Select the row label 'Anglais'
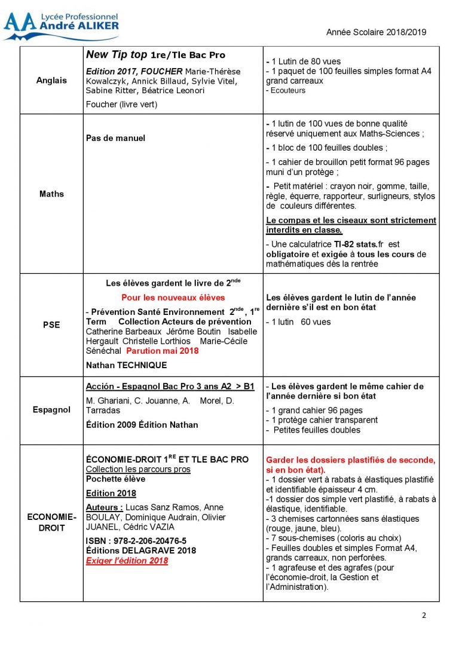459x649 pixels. (x=52, y=81)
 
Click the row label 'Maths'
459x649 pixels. (x=52, y=194)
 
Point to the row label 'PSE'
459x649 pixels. (x=52, y=325)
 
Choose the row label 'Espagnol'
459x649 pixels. (x=52, y=410)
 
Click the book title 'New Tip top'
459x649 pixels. (x=117, y=55)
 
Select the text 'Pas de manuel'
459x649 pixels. (x=115, y=138)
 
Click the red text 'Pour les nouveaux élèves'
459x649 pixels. (x=173, y=297)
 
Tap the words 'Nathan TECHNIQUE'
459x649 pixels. (x=127, y=365)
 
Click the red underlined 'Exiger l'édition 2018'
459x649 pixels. (x=127, y=561)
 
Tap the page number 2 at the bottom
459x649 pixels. (x=424, y=616)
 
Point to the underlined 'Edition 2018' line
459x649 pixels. (x=111, y=494)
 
